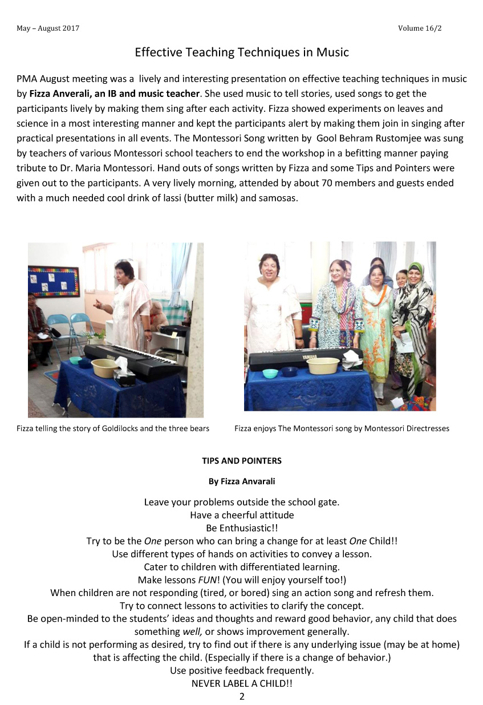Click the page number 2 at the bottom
pos(242,696)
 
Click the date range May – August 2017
pos(48,29)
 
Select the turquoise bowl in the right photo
pos(270,373)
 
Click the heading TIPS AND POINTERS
pos(242,460)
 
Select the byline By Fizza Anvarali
pos(242,481)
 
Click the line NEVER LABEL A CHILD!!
pos(242,683)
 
